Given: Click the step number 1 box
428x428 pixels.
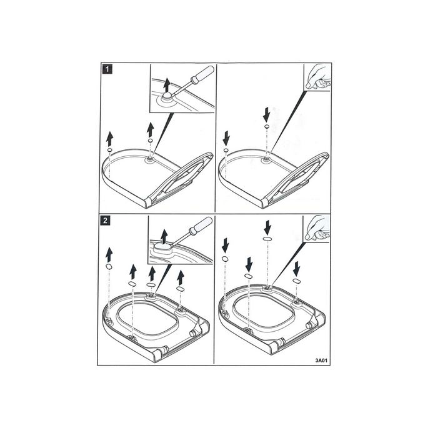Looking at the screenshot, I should (107, 70).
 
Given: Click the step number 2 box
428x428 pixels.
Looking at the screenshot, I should (107, 221).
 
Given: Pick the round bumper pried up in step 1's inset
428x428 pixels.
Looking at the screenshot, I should (166, 96).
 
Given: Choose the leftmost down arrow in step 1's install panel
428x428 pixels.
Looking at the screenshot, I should (226, 136).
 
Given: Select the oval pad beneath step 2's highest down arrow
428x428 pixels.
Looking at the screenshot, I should (267, 240).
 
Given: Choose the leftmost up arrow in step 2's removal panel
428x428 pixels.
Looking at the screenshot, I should (109, 253).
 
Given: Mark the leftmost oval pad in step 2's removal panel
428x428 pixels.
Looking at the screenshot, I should (109, 267).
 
